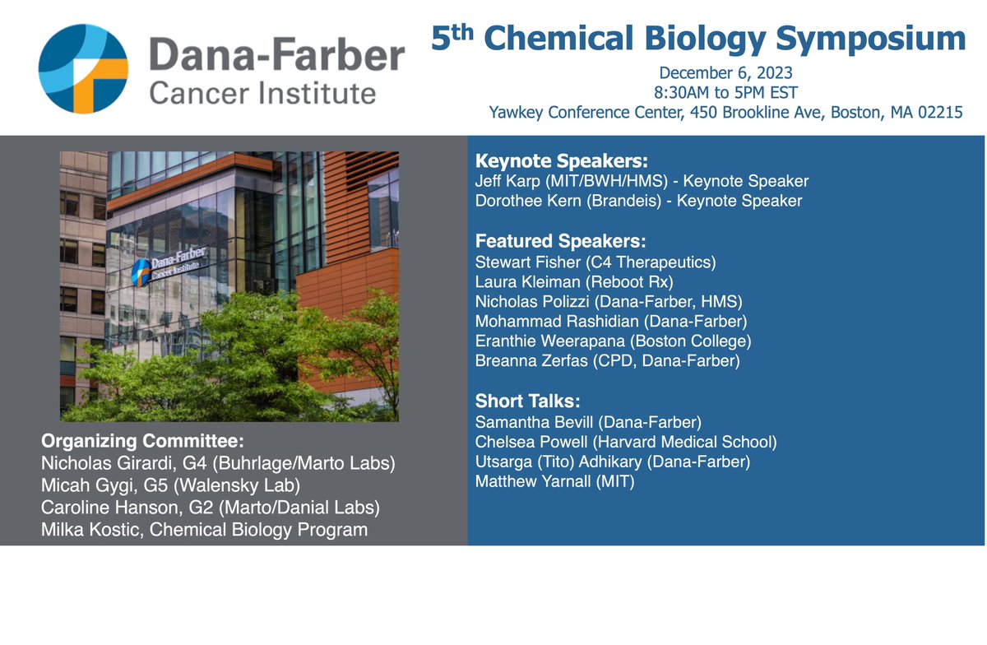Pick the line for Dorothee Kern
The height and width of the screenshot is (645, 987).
click(x=638, y=201)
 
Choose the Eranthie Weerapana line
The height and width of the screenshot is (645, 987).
click(x=613, y=341)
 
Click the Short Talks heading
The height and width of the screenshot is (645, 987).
click(x=527, y=402)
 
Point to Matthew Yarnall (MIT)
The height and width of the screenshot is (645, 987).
click(x=554, y=481)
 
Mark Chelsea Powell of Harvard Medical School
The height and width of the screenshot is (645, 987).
click(x=625, y=443)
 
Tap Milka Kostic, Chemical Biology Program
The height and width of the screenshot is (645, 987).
click(x=204, y=530)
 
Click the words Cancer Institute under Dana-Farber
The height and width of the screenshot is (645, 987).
click(x=262, y=93)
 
